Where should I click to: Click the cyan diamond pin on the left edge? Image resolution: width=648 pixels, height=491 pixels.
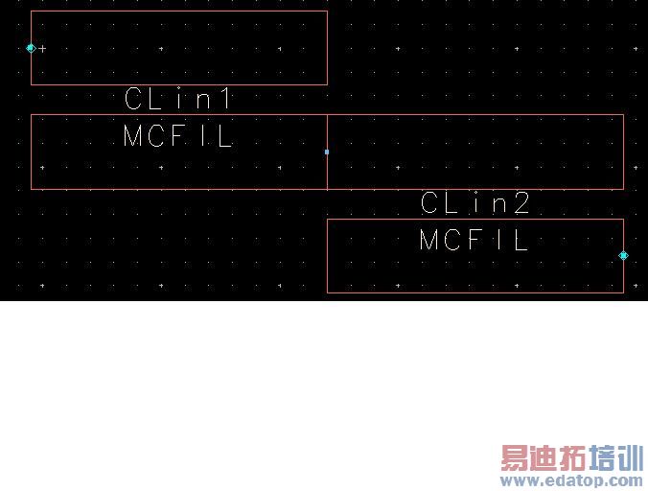click(x=31, y=47)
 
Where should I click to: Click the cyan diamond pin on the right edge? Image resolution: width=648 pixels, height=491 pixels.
click(x=623, y=255)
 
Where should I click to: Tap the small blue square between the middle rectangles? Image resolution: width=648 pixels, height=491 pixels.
click(x=327, y=152)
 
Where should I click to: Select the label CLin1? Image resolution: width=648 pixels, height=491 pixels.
click(x=178, y=98)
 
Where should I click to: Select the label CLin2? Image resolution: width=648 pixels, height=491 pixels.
click(x=475, y=202)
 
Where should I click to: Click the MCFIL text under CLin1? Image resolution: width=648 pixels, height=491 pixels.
click(x=178, y=136)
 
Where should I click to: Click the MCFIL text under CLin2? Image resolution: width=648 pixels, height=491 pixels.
click(x=474, y=240)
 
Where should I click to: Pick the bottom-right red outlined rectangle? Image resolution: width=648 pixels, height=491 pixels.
click(x=474, y=273)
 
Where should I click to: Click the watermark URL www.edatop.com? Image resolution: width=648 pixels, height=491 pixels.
click(x=572, y=480)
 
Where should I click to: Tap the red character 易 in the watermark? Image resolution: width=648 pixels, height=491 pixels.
click(x=515, y=458)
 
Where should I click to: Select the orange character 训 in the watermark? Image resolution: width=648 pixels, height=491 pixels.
click(x=630, y=458)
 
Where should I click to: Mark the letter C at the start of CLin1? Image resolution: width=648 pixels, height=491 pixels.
click(x=133, y=98)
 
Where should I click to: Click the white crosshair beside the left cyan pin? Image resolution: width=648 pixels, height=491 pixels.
click(x=42, y=48)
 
